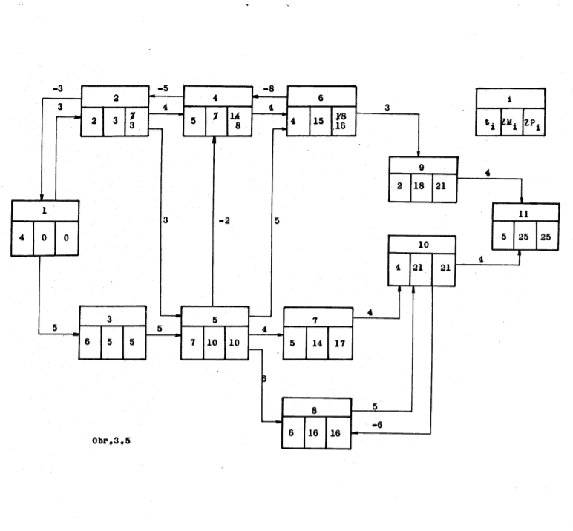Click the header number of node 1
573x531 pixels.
tap(45, 210)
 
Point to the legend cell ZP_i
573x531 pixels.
tap(533, 122)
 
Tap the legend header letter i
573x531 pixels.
tap(511, 96)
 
